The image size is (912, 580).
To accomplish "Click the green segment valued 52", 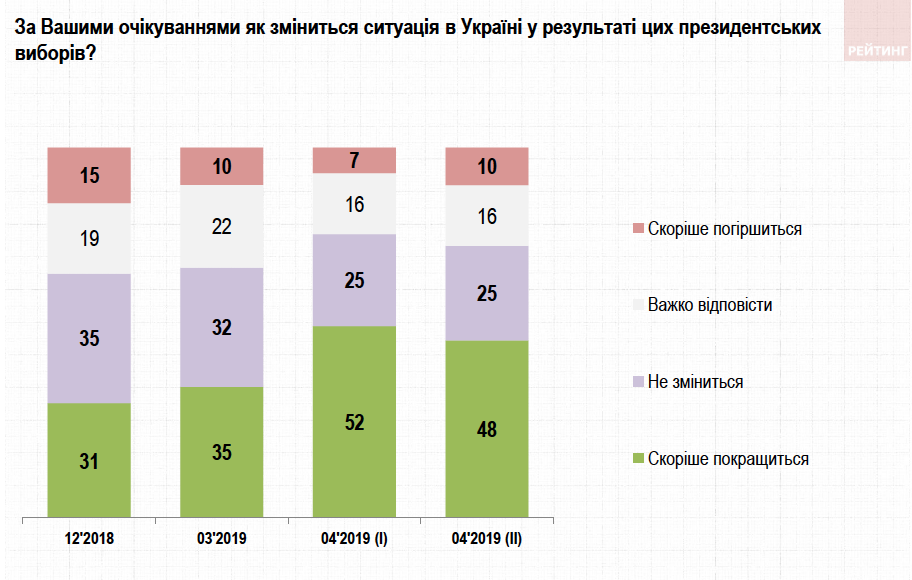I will (354, 422).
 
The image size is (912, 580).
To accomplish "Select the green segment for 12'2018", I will (90, 461).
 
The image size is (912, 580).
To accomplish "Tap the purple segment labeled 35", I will (90, 338).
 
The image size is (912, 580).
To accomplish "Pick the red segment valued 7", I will (354, 160).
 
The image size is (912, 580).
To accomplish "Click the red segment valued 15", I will (90, 175).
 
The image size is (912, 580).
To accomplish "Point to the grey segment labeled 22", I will (222, 227).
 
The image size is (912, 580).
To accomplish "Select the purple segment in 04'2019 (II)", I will (486, 293).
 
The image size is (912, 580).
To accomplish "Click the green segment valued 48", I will (486, 430).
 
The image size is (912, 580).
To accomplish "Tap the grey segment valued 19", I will (90, 239).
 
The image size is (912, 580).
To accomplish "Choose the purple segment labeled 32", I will (222, 327).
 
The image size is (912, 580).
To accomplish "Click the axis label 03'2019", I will (222, 539).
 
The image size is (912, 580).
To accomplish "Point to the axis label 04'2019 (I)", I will (354, 539).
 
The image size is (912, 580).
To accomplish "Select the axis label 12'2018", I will (90, 539).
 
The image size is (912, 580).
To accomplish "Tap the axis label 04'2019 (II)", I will (486, 539).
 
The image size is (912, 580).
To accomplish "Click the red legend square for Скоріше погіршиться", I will (638, 229).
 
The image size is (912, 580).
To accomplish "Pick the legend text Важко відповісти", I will (710, 305).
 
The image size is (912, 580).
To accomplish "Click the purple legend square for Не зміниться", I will (638, 382).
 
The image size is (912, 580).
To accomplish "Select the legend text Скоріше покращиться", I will (728, 459).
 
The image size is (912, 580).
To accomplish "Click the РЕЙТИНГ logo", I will (877, 49).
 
